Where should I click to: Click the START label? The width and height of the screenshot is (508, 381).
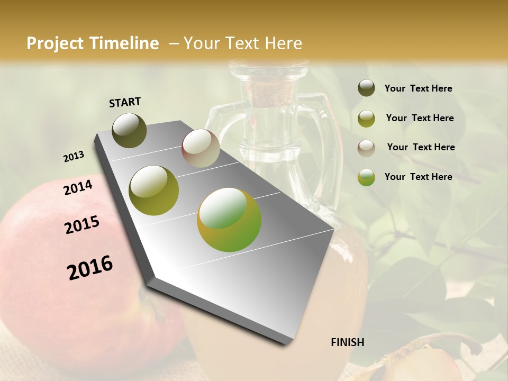125,102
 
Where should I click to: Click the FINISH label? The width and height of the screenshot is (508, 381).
347,342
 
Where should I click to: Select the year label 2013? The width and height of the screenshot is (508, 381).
74,157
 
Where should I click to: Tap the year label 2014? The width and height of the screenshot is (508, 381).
78,188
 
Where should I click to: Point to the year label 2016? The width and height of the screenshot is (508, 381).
90,268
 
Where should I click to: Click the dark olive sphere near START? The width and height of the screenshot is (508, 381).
129,130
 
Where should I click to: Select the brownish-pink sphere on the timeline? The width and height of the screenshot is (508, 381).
201,148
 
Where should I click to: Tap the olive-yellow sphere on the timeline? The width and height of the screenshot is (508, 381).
154,190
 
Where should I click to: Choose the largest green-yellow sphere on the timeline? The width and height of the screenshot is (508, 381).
229,220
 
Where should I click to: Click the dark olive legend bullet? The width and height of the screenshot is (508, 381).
366,88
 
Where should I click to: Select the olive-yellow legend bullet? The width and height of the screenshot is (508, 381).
366,118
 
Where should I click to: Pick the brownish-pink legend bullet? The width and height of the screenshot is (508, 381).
366,148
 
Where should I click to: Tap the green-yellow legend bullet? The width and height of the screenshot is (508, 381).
366,177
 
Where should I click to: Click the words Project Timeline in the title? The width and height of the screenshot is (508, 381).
93,43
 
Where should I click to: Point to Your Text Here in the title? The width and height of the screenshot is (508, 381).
242,43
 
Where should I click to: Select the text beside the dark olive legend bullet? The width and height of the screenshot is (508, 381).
418,88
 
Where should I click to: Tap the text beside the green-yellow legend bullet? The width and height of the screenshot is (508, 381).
418,177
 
